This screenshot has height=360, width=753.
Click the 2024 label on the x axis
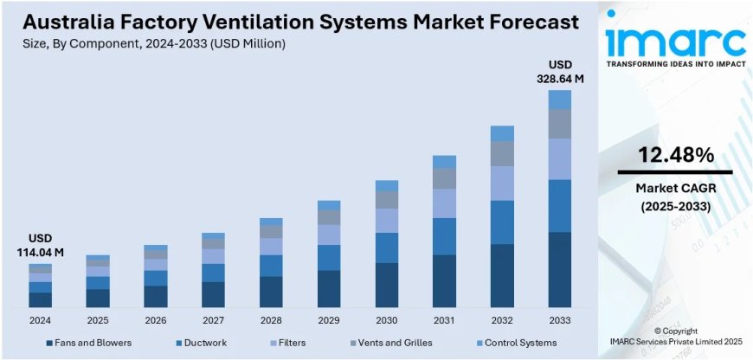click(x=40, y=320)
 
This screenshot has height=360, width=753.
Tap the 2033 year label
click(x=560, y=320)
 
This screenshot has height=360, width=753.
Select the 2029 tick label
click(x=329, y=320)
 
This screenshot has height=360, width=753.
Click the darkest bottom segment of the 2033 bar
click(x=560, y=269)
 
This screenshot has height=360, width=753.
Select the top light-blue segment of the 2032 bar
click(x=502, y=133)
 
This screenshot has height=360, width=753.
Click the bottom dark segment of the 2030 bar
click(x=387, y=285)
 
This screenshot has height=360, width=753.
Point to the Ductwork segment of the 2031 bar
click(x=444, y=236)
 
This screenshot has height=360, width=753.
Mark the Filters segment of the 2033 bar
click(x=560, y=159)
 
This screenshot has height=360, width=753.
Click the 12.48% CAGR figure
click(x=676, y=156)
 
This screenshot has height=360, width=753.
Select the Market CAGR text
click(x=676, y=189)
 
